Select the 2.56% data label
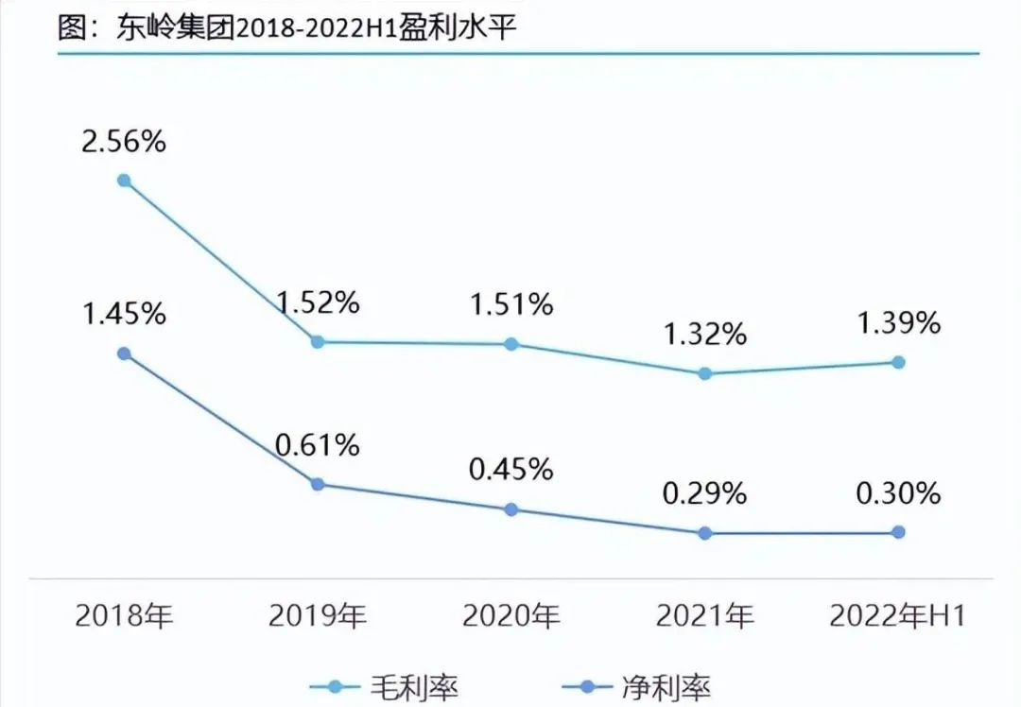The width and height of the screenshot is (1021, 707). (123, 142)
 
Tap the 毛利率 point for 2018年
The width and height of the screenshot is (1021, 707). (124, 180)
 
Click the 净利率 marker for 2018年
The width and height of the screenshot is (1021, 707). (124, 353)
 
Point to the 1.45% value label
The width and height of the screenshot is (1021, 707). (123, 314)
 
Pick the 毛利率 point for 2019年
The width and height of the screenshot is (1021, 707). (318, 342)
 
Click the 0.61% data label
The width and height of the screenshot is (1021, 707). (318, 444)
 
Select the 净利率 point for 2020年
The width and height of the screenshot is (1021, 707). (511, 509)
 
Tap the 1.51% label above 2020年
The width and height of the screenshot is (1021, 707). (511, 304)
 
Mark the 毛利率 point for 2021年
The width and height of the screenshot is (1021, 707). (704, 373)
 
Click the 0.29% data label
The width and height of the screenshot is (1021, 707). (704, 493)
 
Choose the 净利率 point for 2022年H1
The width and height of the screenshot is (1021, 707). (898, 532)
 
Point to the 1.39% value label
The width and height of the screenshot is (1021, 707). (898, 323)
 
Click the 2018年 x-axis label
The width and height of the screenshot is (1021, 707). (124, 617)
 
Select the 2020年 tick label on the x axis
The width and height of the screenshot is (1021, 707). (511, 617)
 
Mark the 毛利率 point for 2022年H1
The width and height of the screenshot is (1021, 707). (898, 362)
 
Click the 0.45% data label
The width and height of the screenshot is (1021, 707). (511, 470)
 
